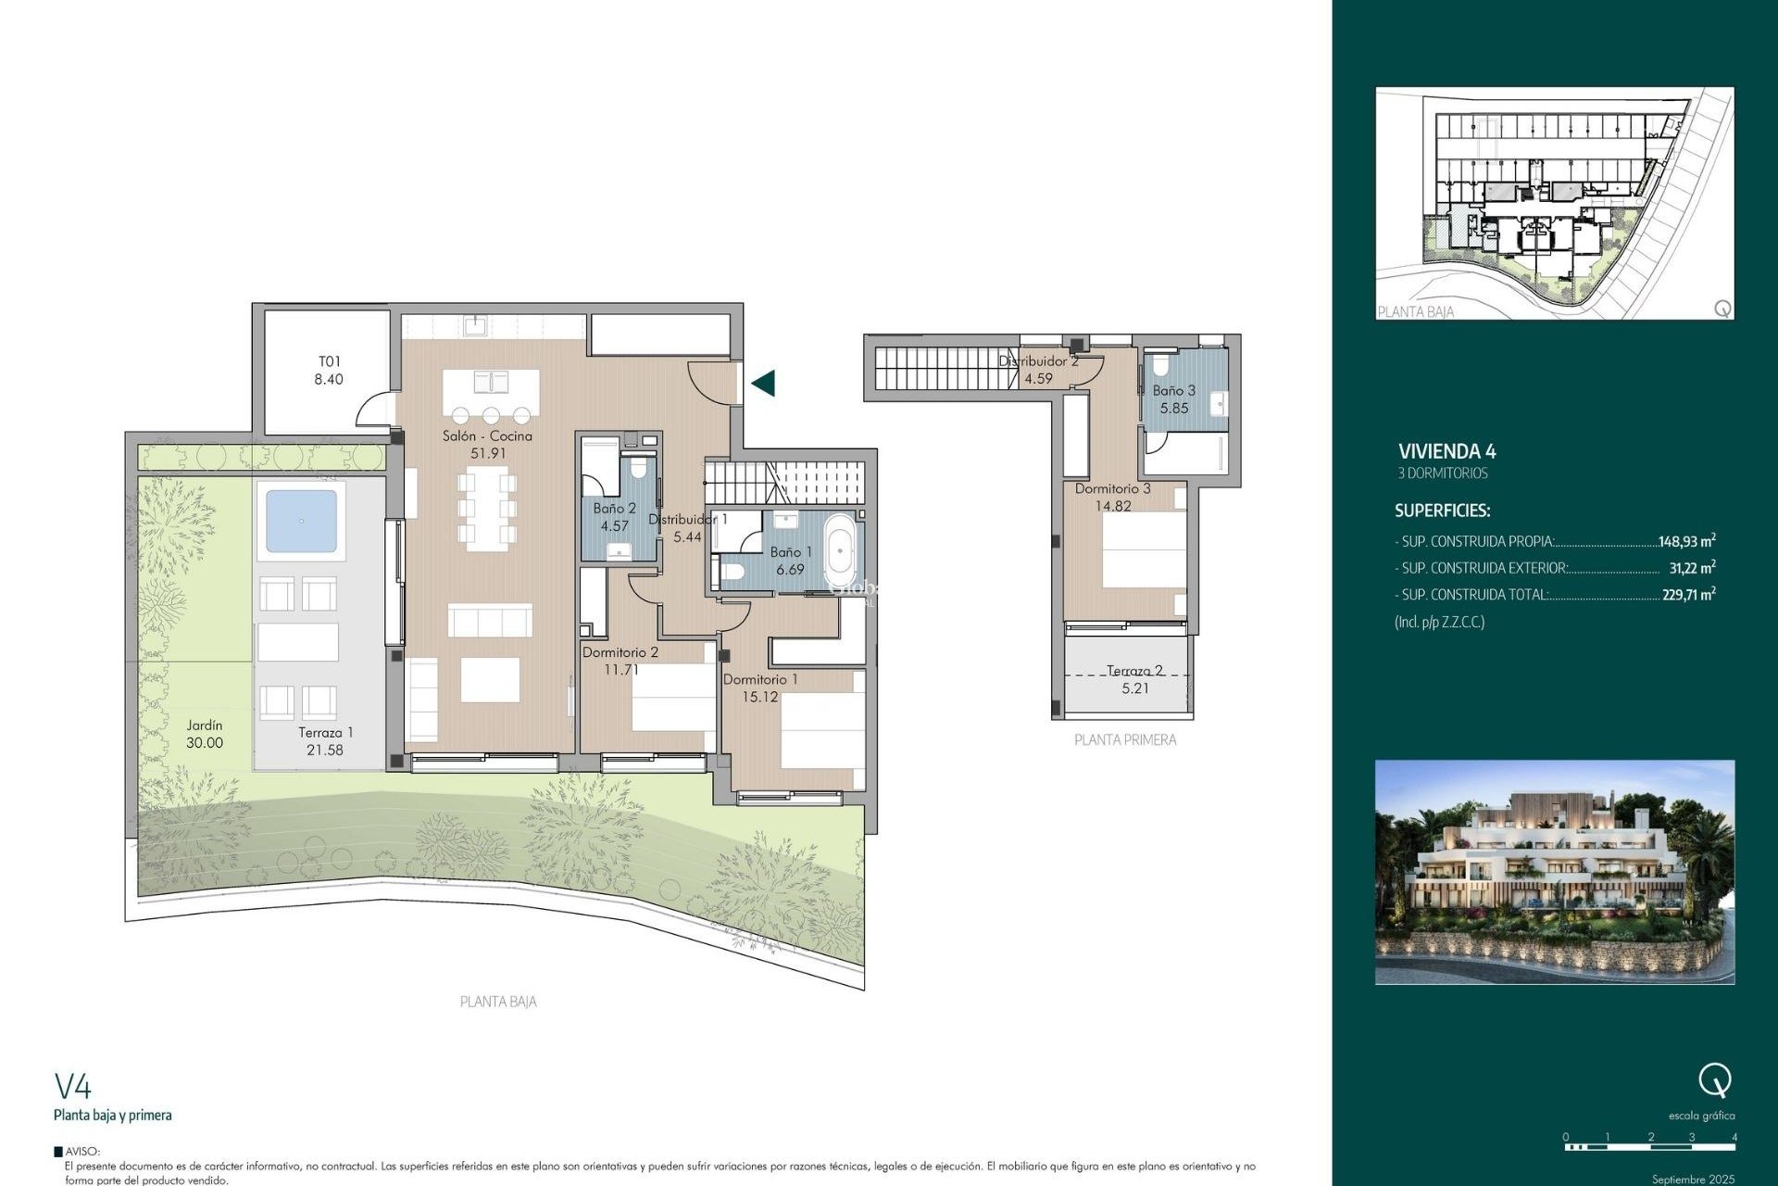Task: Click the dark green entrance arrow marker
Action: [764, 383]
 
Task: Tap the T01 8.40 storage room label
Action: [329, 371]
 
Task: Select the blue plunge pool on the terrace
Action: [301, 522]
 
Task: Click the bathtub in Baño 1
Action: [840, 551]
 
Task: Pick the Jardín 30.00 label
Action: [205, 734]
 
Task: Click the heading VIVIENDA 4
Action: [1446, 451]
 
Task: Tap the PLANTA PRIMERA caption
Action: [1124, 739]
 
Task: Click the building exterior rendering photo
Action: [1554, 871]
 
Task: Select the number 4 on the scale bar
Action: [1734, 1137]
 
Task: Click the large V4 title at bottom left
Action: [73, 1086]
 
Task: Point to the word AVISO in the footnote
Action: [81, 1152]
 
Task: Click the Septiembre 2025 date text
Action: [1693, 1180]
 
